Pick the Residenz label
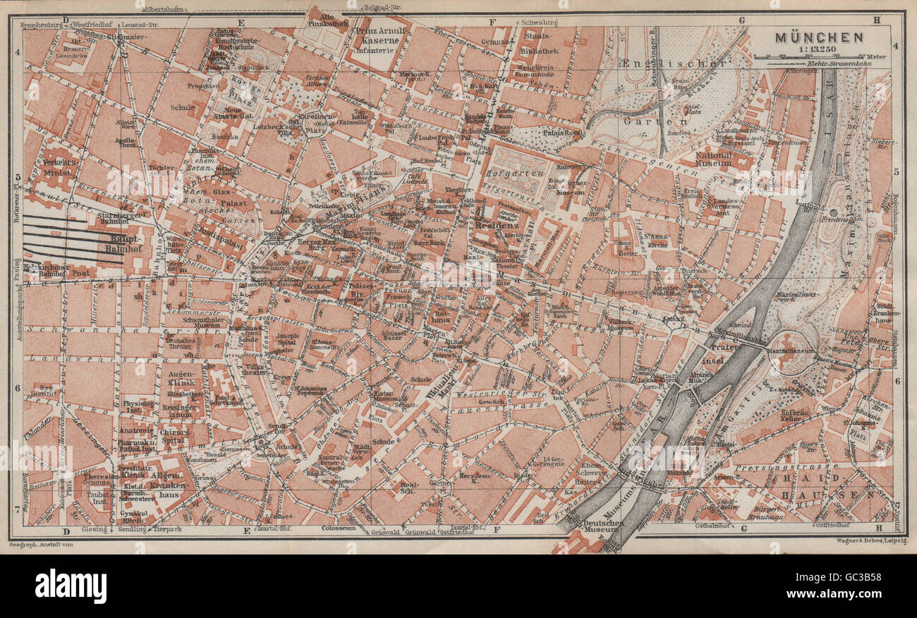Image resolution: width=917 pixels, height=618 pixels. [497, 226]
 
